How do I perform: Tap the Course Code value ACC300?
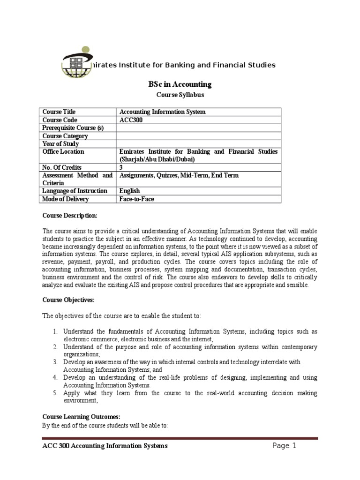131,120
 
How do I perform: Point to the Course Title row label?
59,112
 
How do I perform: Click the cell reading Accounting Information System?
163,112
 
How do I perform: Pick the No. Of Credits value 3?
121,167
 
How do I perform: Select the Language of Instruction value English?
130,191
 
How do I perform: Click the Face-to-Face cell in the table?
137,199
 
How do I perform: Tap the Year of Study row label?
61,144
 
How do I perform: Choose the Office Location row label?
63,152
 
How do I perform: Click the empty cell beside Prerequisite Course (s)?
199,128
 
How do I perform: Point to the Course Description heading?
70,216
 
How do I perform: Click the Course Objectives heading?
68,299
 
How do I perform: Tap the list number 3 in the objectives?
54,362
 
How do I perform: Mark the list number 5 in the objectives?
54,393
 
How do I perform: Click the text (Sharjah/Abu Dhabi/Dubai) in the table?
158,159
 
